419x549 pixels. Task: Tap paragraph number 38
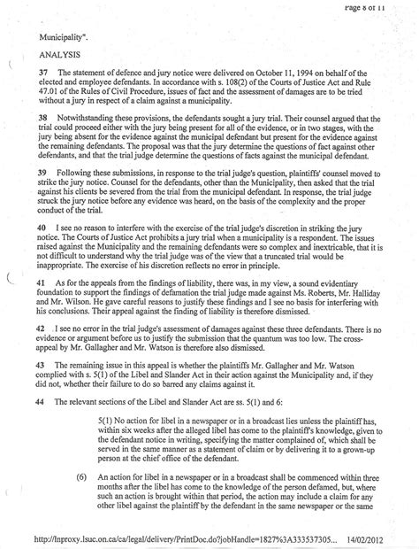pos(42,115)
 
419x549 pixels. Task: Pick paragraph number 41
pos(42,282)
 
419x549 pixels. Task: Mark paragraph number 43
pos(42,365)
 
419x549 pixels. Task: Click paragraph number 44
pos(42,401)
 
